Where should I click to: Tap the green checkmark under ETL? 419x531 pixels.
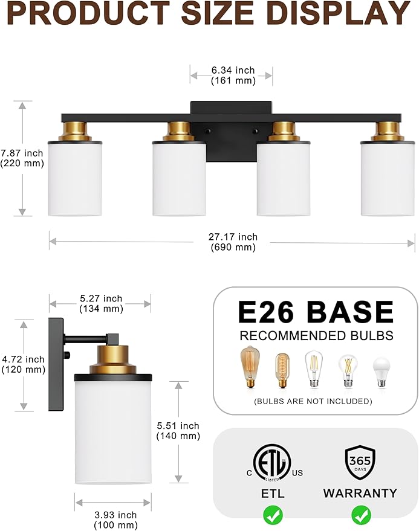pyautogui.click(x=273, y=515)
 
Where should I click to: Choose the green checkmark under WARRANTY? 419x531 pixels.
pyautogui.click(x=361, y=515)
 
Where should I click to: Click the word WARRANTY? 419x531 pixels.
pyautogui.click(x=360, y=493)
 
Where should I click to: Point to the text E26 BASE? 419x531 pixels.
pyautogui.click(x=316, y=312)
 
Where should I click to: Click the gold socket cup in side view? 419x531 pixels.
pyautogui.click(x=113, y=359)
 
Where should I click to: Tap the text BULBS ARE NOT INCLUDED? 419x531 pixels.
pyautogui.click(x=313, y=401)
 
